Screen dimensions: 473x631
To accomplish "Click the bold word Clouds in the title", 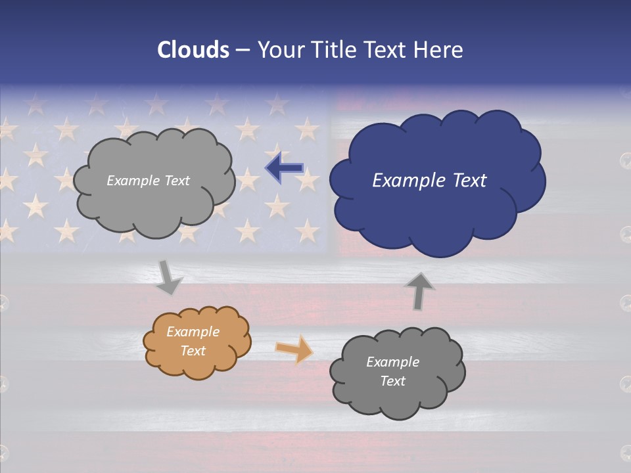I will pos(193,50).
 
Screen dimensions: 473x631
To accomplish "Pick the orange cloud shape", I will pos(197,342).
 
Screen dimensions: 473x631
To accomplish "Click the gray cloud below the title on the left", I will pos(154,181).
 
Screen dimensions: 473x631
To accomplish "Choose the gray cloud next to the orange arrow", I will pos(397,372).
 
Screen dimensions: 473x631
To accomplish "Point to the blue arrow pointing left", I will pos(284,168).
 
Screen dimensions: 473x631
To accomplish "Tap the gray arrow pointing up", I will pos(419,291).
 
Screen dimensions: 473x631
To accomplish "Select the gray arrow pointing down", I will pos(169,277).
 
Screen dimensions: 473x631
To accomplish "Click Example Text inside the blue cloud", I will pos(429,181).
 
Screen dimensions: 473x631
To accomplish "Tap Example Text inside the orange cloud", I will pos(193,341).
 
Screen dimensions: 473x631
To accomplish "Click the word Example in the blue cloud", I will pos(402,181).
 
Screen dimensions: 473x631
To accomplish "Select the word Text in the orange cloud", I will pos(193,351).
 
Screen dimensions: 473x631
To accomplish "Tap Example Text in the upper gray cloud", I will pos(148,181).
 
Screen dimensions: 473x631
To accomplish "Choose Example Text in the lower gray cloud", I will pos(393,371).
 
